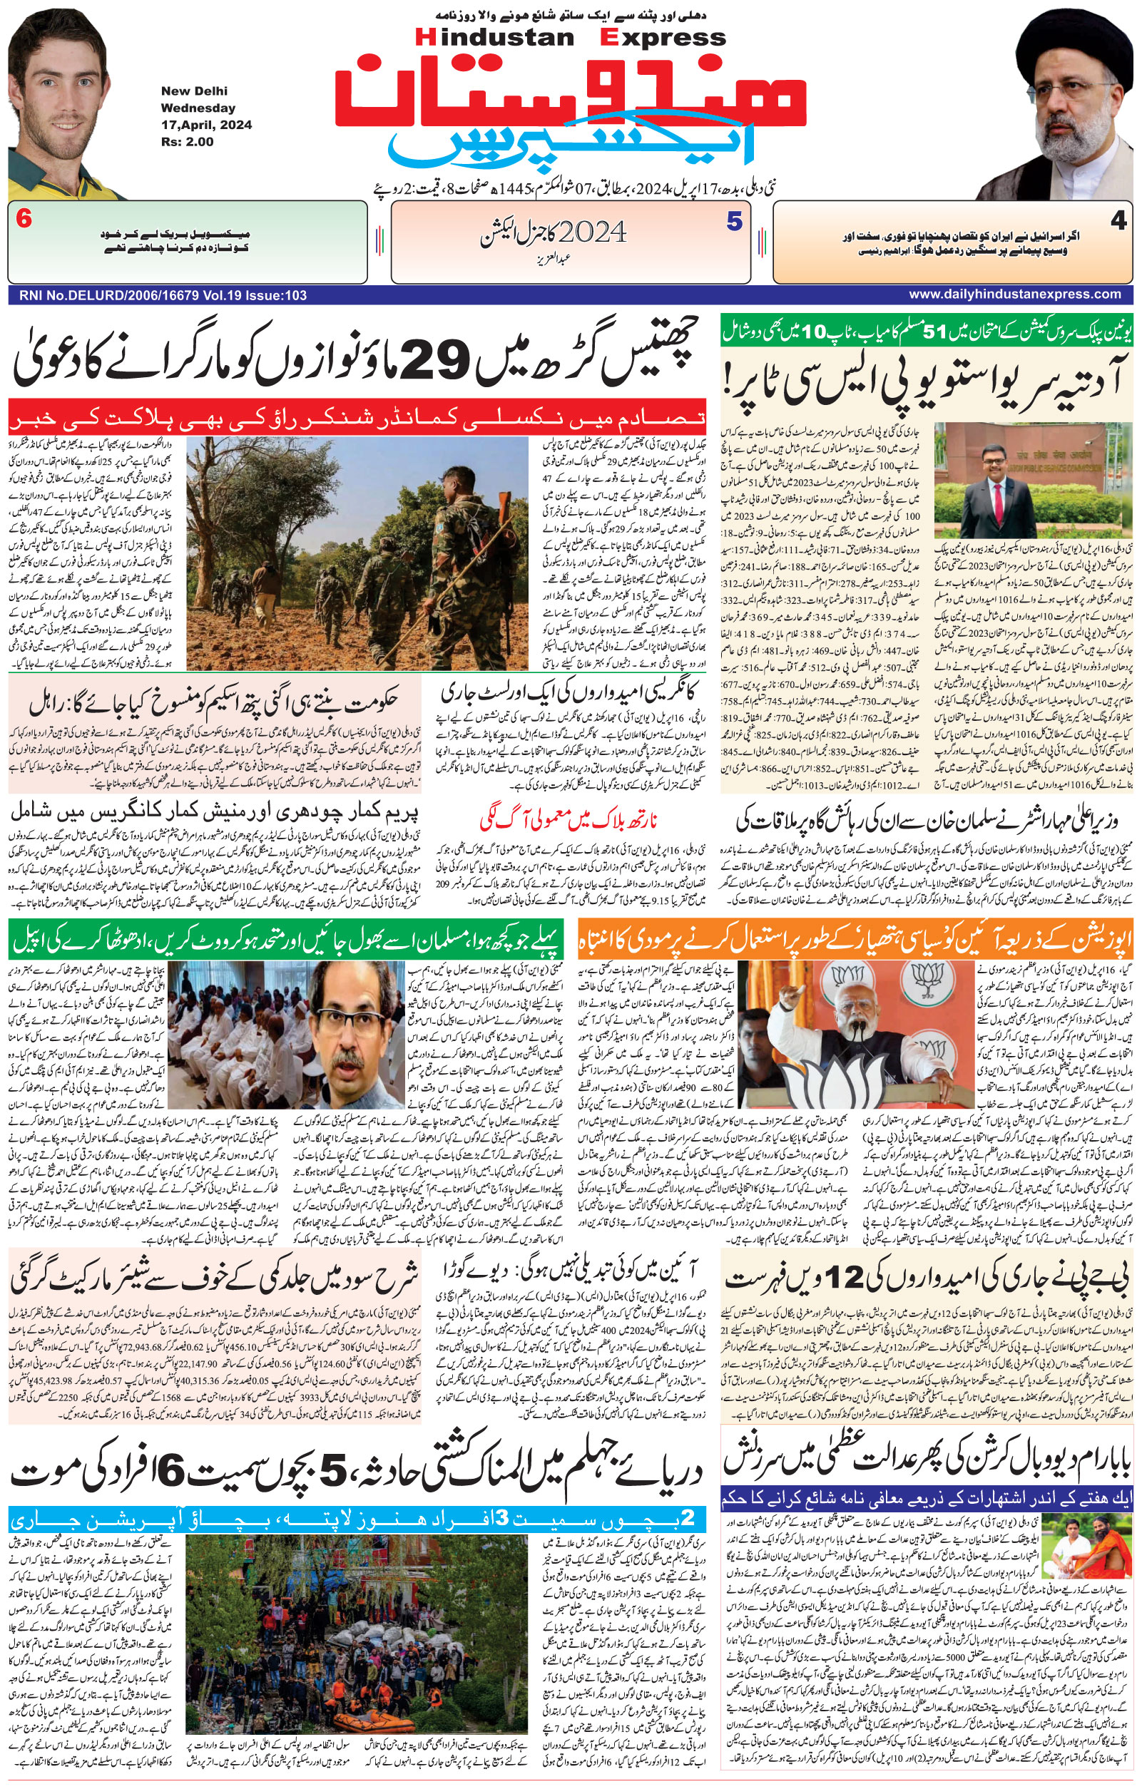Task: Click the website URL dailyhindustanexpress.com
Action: click(1014, 294)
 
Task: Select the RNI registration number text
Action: click(158, 296)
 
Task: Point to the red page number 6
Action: click(24, 220)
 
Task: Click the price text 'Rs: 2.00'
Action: click(187, 142)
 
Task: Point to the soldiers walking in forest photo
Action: click(357, 553)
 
